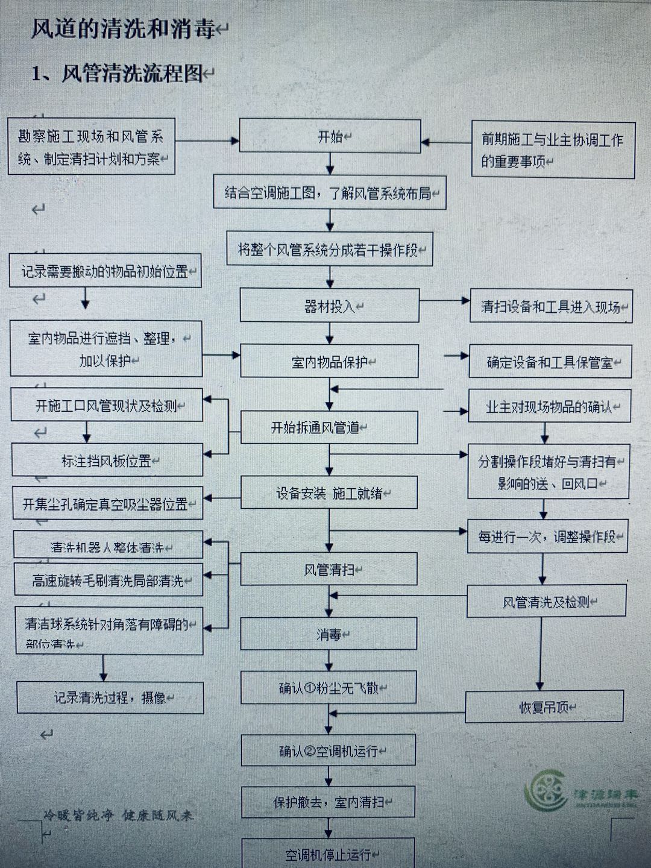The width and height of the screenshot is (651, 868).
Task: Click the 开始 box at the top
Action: [x=330, y=136]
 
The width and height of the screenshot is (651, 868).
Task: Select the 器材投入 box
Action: [x=330, y=306]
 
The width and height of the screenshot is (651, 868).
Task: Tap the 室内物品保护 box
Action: [x=330, y=362]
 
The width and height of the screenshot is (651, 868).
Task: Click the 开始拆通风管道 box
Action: [x=329, y=427]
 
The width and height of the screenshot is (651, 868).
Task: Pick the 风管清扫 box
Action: [x=329, y=569]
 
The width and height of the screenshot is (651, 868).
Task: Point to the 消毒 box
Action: [x=329, y=634]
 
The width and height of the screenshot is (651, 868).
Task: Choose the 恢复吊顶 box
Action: [x=544, y=707]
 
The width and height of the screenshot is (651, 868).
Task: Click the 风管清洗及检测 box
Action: [x=546, y=601]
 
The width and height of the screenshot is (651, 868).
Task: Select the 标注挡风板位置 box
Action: [x=107, y=461]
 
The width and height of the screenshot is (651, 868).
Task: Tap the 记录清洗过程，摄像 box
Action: [x=110, y=698]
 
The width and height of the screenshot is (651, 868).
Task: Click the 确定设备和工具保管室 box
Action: [x=550, y=362]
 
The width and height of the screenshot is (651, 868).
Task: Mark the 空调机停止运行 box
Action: [x=329, y=854]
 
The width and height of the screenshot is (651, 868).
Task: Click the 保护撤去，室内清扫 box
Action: [x=329, y=802]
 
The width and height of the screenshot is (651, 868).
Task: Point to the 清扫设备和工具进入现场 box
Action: [x=551, y=306]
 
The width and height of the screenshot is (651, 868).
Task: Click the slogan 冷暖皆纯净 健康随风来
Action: [x=118, y=816]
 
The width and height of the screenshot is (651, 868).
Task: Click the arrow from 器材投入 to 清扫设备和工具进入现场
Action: [x=445, y=300]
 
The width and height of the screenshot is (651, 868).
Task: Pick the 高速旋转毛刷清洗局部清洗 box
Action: [x=108, y=580]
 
